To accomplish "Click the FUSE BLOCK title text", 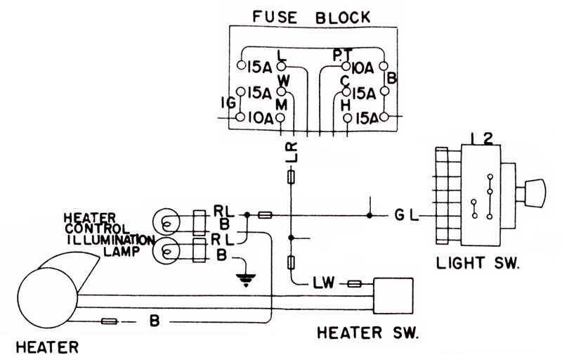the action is tap(311, 17).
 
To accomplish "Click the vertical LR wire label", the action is tap(292, 152).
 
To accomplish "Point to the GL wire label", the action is tap(407, 215).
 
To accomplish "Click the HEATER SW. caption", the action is tap(367, 333).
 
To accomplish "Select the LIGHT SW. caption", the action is tap(478, 263).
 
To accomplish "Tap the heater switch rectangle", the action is tap(393, 296).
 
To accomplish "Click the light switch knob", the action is tap(535, 193).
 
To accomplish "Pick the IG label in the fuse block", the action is tap(228, 103).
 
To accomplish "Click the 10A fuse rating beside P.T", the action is tap(362, 67).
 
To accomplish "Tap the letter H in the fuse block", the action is tap(346, 105).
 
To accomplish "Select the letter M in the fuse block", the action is tap(282, 105).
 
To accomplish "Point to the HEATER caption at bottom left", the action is tap(47, 347).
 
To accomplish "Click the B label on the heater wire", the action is tap(154, 321).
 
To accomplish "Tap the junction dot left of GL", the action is tap(370, 215).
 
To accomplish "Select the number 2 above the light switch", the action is tap(488, 139).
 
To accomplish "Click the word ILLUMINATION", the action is tap(111, 240).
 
